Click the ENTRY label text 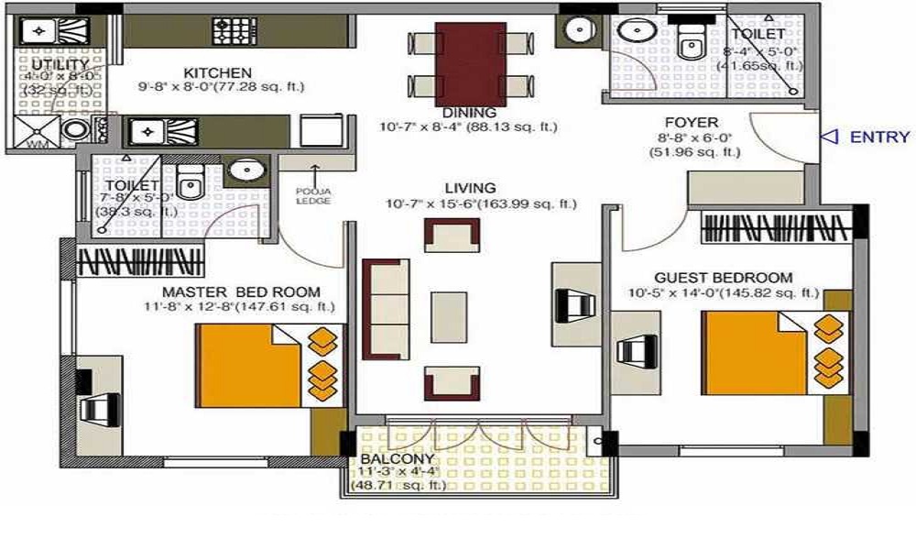(x=879, y=137)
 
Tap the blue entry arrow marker (x=829, y=137)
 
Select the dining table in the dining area (x=470, y=64)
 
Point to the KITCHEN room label (x=217, y=72)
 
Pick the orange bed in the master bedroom (x=249, y=365)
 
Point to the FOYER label (x=692, y=122)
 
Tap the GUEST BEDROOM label (x=724, y=278)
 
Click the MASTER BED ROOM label (x=241, y=292)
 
